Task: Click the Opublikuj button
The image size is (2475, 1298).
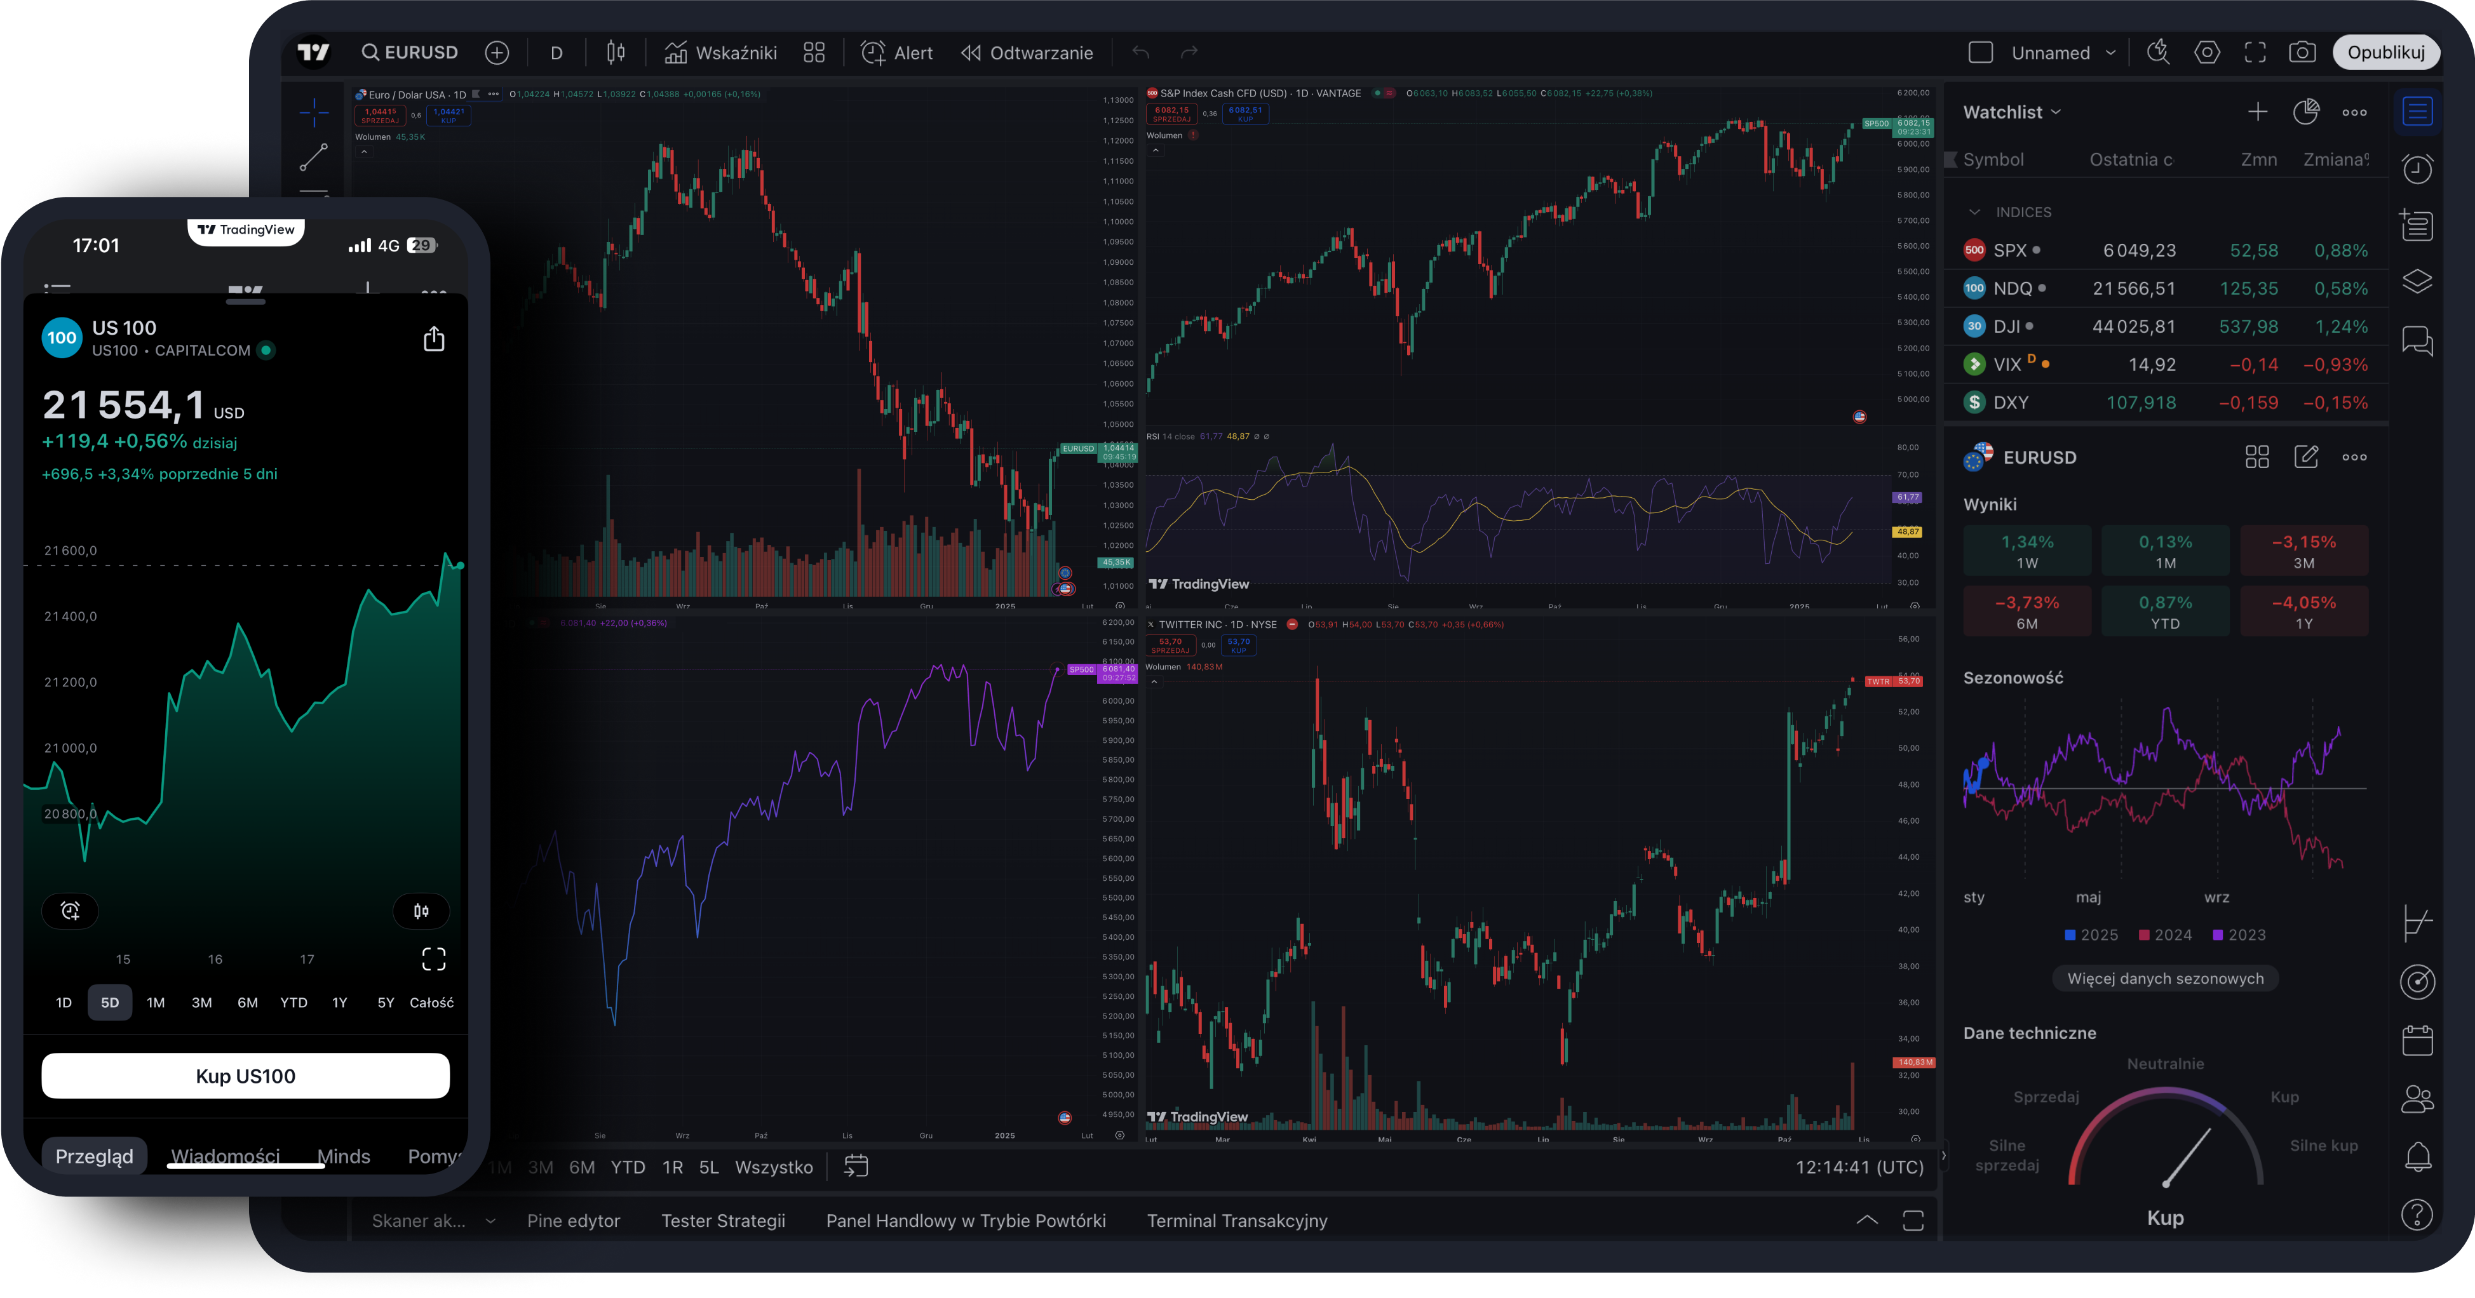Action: tap(2385, 52)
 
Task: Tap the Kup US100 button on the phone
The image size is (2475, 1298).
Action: tap(245, 1076)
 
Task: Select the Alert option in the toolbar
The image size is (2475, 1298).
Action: tap(898, 53)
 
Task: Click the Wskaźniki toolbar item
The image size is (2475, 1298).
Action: tap(720, 53)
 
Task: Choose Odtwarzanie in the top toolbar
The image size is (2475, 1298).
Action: tap(1027, 53)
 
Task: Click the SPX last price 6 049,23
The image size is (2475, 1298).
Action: tap(2139, 251)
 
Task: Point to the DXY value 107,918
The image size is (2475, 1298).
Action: tap(2141, 403)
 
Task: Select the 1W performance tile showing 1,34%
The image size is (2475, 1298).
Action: tap(2027, 551)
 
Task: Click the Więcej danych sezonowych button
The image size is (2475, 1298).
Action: tap(2164, 978)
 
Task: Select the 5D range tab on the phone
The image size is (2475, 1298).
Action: tap(109, 1002)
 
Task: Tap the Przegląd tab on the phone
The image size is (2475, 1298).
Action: tap(94, 1156)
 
